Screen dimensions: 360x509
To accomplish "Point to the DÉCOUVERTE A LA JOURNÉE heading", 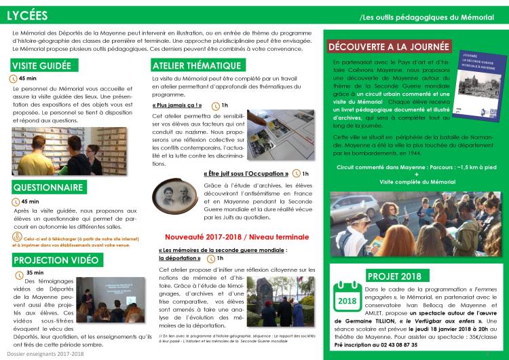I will click(388, 48).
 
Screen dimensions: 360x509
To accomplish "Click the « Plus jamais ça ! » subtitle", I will click(177, 105).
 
